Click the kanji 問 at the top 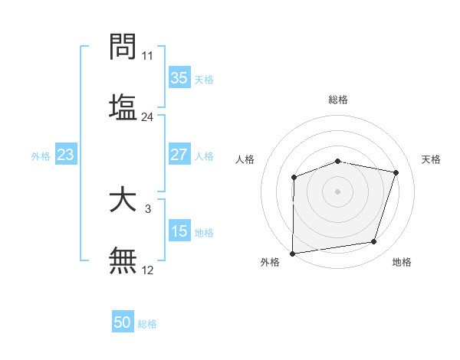123,47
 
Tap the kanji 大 123,201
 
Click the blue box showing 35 179,78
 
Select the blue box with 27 179,155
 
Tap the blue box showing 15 179,231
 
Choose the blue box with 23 66,155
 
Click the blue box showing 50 123,322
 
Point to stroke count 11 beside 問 147,56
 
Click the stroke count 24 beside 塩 147,117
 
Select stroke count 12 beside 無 147,270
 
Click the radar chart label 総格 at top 338,100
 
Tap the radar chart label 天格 432,159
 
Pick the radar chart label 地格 402,262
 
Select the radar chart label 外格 270,262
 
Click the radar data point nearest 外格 293,253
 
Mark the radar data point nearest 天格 396,172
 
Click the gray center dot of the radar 338,191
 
